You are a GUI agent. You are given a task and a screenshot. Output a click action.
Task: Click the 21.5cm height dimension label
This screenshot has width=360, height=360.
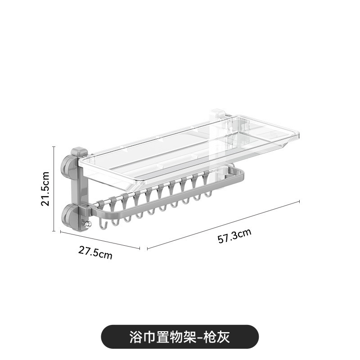(x=45, y=188)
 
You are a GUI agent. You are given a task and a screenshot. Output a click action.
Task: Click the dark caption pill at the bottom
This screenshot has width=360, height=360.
(x=180, y=336)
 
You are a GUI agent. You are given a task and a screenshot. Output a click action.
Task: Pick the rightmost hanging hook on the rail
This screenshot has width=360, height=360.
(x=208, y=194)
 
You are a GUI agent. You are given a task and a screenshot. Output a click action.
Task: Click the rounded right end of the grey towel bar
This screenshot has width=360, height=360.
(x=241, y=173)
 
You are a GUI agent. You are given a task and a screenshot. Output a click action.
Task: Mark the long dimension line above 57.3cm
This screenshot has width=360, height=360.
(x=223, y=224)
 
